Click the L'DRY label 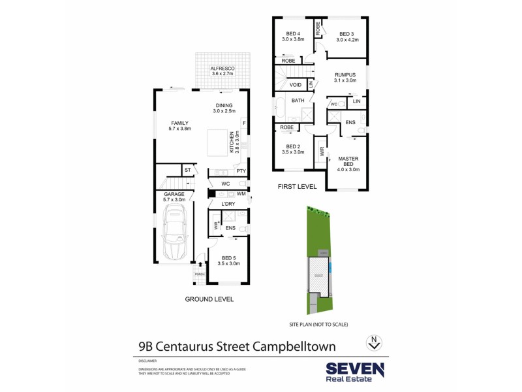pyautogui.click(x=228, y=204)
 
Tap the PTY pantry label pyautogui.click(x=240, y=171)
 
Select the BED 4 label pyautogui.click(x=293, y=34)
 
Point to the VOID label pyautogui.click(x=295, y=85)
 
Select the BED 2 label pyautogui.click(x=293, y=146)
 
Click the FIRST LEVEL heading pyautogui.click(x=298, y=186)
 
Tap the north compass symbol pyautogui.click(x=373, y=342)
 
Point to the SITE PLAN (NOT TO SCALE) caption pyautogui.click(x=318, y=325)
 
